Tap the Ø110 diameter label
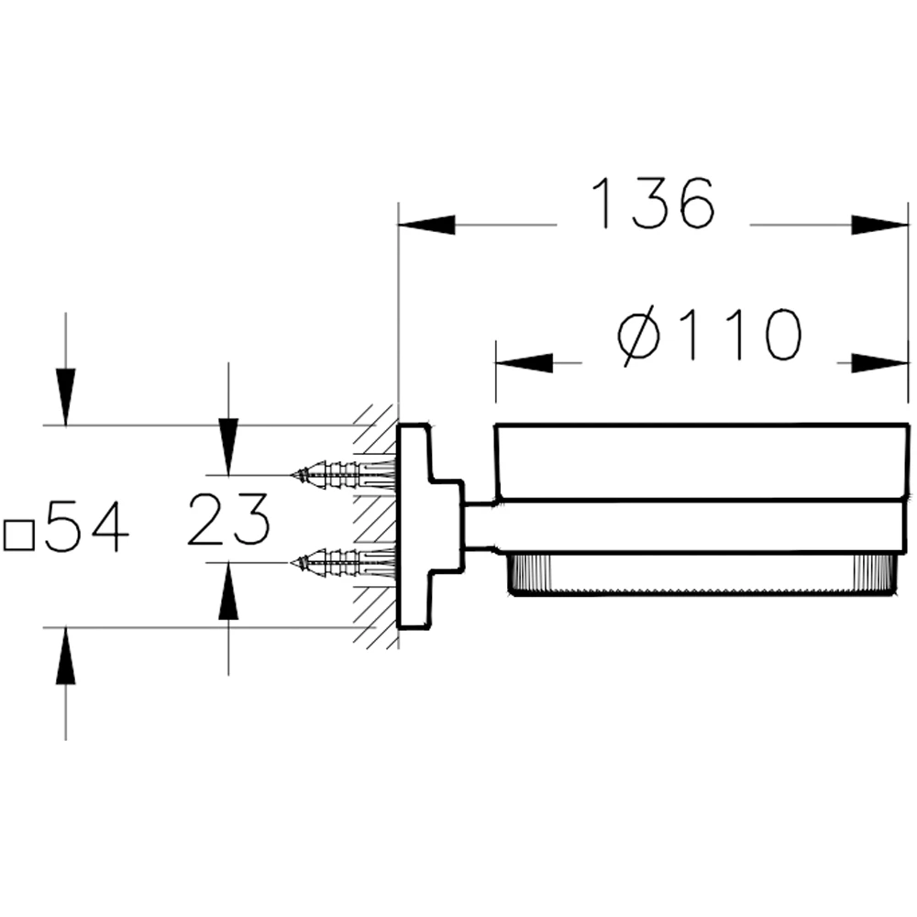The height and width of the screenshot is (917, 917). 709,336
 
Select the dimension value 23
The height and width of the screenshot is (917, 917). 228,519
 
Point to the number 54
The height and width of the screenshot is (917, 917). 86,526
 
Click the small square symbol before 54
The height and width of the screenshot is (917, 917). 18,536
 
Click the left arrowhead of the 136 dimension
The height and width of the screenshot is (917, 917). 426,225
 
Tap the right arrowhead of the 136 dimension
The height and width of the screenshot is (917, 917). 879,225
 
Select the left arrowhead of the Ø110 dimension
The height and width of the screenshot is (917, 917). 524,363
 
